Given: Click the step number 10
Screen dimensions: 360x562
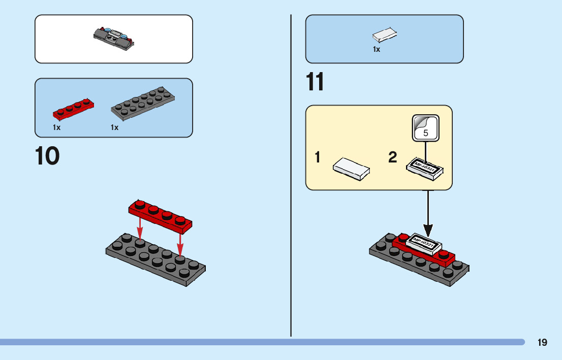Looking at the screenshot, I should (47, 156).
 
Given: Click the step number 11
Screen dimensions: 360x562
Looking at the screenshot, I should (315, 82).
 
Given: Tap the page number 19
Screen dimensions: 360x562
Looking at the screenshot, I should (542, 342).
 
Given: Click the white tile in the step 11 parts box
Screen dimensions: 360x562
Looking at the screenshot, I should (385, 35).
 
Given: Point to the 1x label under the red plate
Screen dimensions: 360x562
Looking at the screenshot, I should (56, 127).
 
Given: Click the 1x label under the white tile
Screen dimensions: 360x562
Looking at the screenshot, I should (377, 50).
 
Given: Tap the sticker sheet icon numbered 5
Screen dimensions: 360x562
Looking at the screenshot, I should (425, 127).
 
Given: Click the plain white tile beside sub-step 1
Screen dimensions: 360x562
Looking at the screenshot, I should (351, 168).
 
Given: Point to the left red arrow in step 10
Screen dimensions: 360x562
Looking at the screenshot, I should (140, 228).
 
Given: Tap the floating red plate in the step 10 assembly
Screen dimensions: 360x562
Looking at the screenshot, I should (161, 214).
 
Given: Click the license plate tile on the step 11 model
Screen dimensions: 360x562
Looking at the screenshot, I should (424, 244).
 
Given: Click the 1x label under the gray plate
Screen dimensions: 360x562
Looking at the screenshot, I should (114, 127).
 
